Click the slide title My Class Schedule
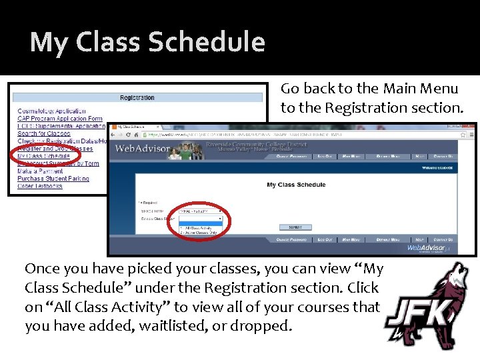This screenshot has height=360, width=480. [147, 42]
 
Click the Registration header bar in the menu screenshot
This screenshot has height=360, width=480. [137, 97]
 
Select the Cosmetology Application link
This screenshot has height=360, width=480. [51, 111]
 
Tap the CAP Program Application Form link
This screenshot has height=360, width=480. [60, 118]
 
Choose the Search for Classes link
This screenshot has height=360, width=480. [44, 133]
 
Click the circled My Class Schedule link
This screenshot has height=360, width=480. [44, 156]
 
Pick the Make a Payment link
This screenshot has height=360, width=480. [41, 171]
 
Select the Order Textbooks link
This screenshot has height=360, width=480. [40, 186]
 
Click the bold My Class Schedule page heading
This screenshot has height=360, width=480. [296, 185]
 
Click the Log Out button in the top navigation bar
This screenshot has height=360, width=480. [325, 156]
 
